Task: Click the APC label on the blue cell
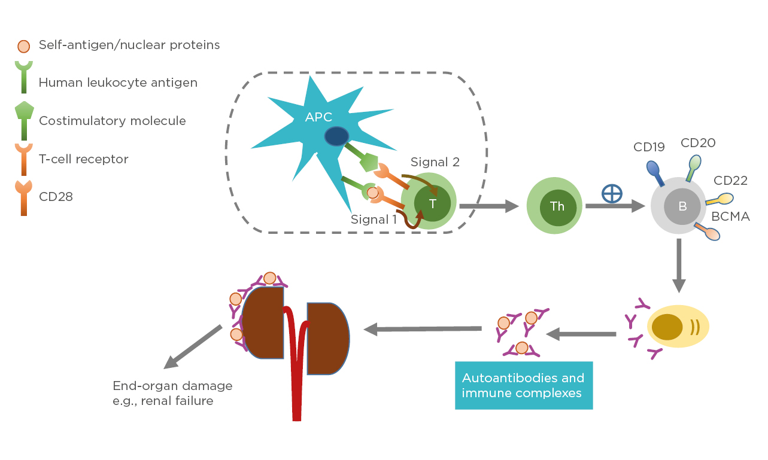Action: tap(318, 117)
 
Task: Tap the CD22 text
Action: tap(730, 180)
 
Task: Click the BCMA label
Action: tap(730, 217)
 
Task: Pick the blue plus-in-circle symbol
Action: tap(612, 193)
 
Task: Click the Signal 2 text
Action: tap(434, 162)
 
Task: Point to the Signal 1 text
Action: tap(374, 220)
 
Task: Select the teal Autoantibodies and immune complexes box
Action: tap(524, 385)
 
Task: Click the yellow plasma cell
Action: tap(678, 327)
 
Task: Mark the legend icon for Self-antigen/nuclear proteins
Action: tap(23, 45)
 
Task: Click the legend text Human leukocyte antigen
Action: tap(118, 83)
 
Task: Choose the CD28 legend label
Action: tap(56, 196)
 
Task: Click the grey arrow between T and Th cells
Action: tap(488, 206)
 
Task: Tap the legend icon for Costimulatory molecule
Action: tap(24, 120)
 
